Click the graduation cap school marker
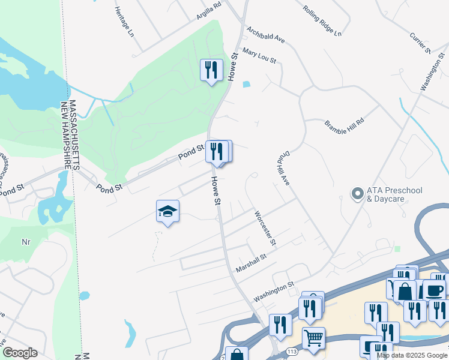click(167, 211)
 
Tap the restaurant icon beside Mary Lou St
click(211, 70)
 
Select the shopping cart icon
click(313, 338)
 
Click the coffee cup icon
click(435, 290)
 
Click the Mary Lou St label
click(259, 56)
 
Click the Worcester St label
click(264, 229)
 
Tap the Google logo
click(20, 353)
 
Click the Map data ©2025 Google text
click(412, 355)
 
